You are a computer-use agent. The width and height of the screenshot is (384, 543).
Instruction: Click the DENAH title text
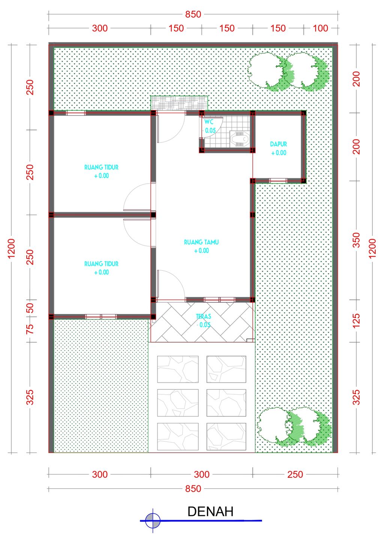(210, 512)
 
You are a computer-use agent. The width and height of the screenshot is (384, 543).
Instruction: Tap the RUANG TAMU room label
(201, 242)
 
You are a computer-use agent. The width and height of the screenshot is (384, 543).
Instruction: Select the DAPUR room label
(279, 144)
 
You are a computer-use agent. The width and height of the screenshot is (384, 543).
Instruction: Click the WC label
(208, 122)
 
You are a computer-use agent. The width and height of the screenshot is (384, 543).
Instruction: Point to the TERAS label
(203, 316)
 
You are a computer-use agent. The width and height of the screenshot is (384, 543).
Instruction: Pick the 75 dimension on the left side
(30, 329)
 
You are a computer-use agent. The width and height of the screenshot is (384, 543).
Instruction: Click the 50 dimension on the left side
(30, 308)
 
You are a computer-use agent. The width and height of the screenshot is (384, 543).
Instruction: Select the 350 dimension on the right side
(356, 240)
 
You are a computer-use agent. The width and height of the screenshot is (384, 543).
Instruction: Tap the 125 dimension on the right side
(356, 321)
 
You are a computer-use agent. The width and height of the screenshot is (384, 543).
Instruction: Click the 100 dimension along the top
(320, 28)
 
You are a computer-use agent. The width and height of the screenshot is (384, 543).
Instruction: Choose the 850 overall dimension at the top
(193, 15)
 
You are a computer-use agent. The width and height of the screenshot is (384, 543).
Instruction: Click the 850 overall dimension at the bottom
(193, 489)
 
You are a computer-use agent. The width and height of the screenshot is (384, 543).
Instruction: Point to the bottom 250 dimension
(295, 474)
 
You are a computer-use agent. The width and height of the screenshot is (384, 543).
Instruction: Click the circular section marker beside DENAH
(153, 521)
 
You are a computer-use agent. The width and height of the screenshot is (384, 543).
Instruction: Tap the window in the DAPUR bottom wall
(278, 181)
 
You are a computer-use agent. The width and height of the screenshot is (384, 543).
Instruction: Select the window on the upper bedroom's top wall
(76, 113)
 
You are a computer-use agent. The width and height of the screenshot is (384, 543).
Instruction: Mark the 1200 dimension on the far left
(11, 248)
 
